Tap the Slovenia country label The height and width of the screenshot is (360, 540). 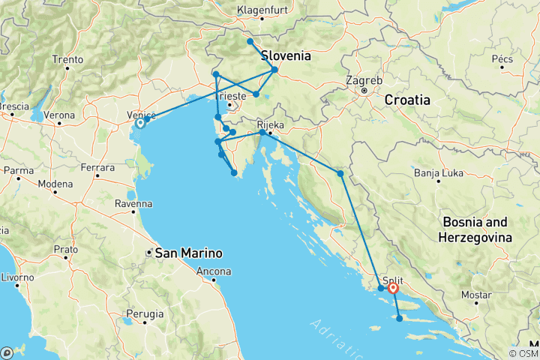click(x=286, y=55)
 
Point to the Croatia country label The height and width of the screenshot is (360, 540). click(x=407, y=99)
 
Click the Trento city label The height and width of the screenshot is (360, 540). click(x=67, y=59)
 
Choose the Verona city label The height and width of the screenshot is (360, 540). click(x=59, y=115)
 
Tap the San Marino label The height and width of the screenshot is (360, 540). click(x=180, y=253)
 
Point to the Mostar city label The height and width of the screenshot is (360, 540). click(x=475, y=295)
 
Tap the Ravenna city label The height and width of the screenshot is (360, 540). click(x=134, y=203)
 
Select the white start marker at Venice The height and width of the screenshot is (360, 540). click(x=140, y=123)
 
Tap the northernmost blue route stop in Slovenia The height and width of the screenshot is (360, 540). click(x=250, y=41)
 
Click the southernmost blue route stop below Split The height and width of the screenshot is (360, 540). click(x=399, y=319)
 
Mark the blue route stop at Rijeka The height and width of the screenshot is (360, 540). click(x=262, y=133)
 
